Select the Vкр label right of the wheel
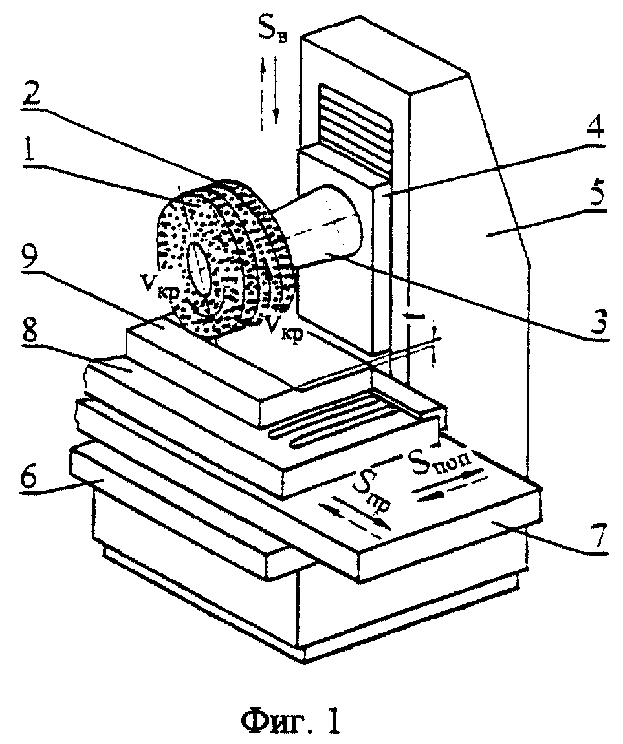click(284, 327)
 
